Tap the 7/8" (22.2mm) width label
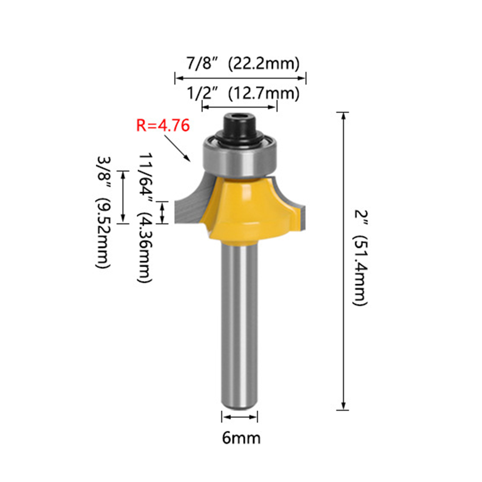click(243, 63)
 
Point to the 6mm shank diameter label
click(241, 438)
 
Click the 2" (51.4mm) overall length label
click(360, 258)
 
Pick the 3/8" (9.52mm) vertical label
click(103, 212)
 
